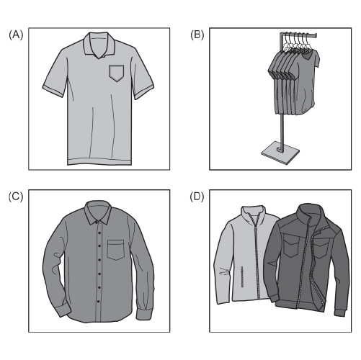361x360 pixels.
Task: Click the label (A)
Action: pos(16,35)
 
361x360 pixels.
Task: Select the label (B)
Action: pos(197,35)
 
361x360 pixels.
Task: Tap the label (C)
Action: pos(16,197)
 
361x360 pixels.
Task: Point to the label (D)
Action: pos(197,197)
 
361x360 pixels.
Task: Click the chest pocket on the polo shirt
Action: pos(117,73)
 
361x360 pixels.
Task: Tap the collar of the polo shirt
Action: pos(99,45)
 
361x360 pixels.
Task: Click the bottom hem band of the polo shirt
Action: pos(99,161)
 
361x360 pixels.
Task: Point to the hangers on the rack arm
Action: pos(298,43)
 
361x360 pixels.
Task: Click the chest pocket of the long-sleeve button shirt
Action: pos(116,250)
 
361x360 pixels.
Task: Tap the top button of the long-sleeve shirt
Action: pos(97,222)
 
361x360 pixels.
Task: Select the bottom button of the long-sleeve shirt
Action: pos(98,301)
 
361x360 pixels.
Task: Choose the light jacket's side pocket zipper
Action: pos(242,276)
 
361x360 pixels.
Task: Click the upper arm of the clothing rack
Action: pos(298,35)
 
